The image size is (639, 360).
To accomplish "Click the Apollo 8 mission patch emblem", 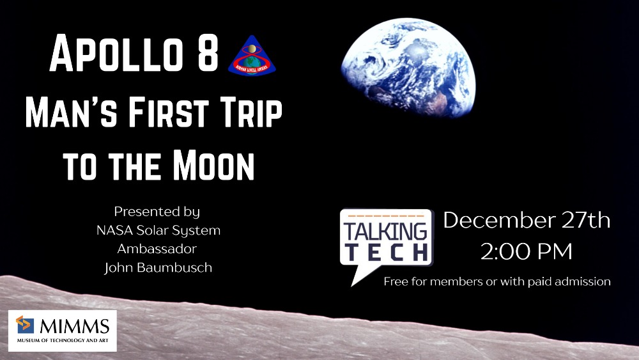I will [x=256, y=56].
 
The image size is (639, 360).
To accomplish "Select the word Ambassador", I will [x=157, y=249].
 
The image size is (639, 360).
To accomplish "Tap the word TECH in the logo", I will [x=386, y=251].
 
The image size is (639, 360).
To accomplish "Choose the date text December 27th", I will [x=527, y=221].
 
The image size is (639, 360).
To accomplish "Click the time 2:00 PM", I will [x=527, y=251].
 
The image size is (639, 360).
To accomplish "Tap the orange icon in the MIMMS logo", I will [x=26, y=325].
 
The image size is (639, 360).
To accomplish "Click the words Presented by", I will [x=157, y=212].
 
